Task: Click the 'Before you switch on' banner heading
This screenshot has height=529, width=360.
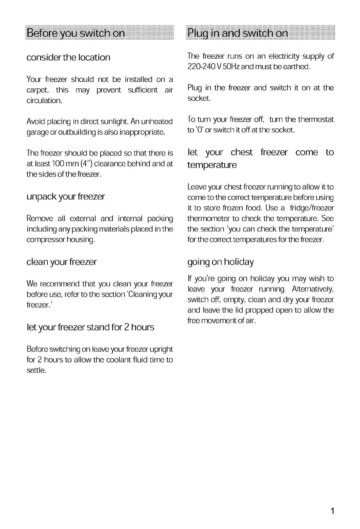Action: [76, 33]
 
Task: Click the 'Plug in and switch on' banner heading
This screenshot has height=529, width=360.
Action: [238, 33]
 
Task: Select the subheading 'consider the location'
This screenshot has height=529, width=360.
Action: [68, 57]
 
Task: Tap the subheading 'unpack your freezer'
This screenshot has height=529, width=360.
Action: [66, 196]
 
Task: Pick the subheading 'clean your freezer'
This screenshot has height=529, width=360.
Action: [62, 262]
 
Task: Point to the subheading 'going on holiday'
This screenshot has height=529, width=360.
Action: [220, 262]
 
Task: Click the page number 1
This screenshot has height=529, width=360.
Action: [332, 511]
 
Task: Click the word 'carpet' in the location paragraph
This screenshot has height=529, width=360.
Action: [37, 90]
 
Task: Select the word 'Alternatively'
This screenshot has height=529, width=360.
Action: [312, 289]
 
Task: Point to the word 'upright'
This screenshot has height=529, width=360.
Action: [161, 350]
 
